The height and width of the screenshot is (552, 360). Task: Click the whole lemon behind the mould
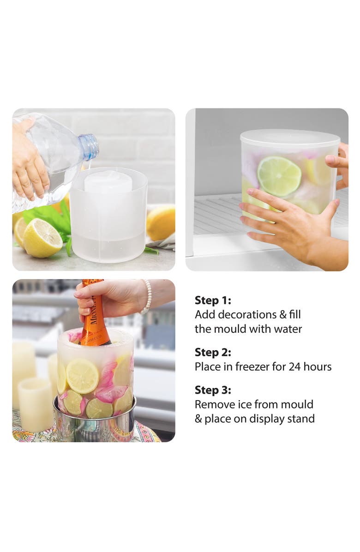pos(161,223)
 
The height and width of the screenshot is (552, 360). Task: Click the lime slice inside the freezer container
pos(279,176)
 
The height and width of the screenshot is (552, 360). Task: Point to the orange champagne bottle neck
pos(93,313)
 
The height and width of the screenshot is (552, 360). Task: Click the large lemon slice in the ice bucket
pos(82,376)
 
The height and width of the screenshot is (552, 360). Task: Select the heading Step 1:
pos(213,300)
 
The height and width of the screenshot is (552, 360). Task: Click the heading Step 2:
pos(213,352)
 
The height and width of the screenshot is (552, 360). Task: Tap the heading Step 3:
pos(213,390)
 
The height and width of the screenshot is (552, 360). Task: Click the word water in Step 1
pos(288,329)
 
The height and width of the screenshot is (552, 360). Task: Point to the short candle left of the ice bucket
pos(36,404)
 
